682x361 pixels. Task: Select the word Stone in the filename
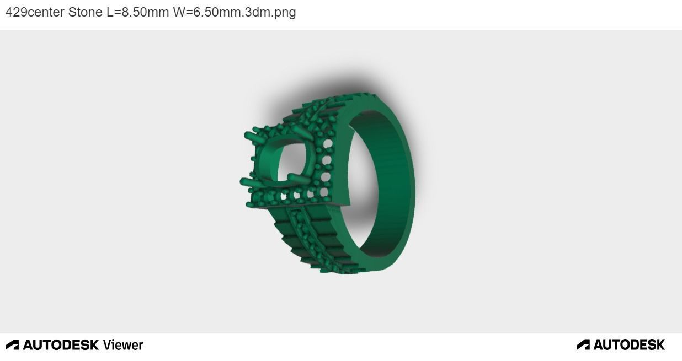[x=85, y=12]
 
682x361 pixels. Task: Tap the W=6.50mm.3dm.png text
[x=234, y=12]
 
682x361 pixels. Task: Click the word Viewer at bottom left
[x=122, y=345]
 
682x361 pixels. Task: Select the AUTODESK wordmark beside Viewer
[x=61, y=345]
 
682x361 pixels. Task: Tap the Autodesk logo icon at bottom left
[x=12, y=345]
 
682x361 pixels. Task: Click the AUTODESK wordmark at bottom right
[x=629, y=345]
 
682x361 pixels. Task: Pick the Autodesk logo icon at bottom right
[x=583, y=345]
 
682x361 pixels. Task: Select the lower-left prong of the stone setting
[x=247, y=180]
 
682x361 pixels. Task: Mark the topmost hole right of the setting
[x=329, y=143]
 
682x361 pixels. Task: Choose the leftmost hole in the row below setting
[x=285, y=196]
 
